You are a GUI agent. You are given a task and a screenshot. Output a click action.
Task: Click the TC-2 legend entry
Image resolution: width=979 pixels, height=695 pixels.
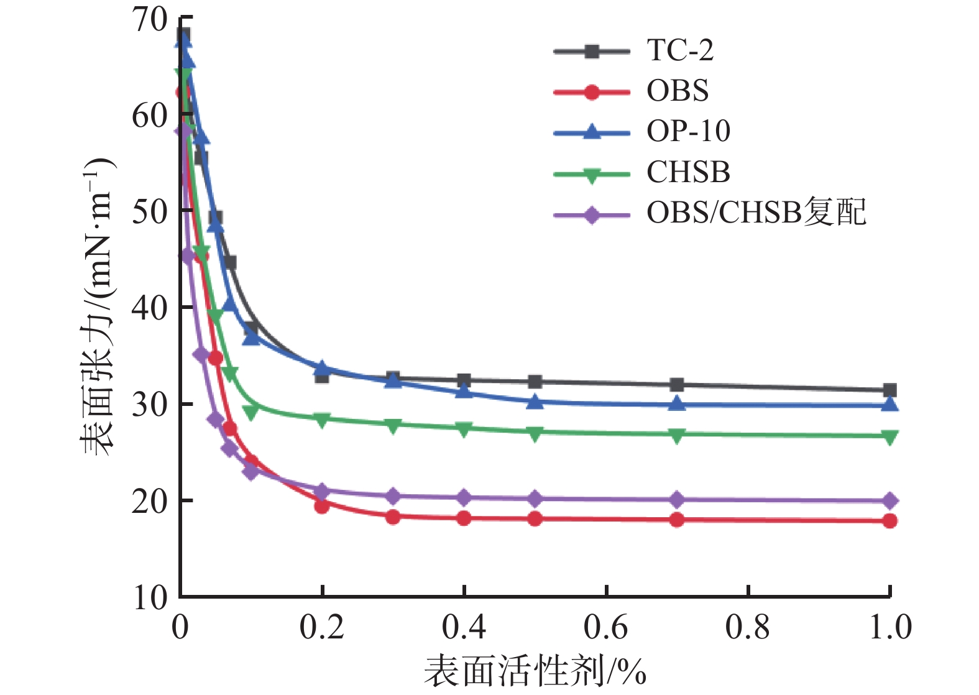coord(680,50)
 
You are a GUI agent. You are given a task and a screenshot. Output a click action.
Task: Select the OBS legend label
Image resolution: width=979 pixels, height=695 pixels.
coord(678,91)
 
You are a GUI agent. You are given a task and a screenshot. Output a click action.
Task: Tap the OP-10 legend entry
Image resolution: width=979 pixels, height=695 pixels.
coord(688,131)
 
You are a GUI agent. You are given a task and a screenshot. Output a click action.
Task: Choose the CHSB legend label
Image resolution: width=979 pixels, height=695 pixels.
coord(688,172)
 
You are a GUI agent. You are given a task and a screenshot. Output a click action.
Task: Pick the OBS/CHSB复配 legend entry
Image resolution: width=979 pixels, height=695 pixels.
coord(756,213)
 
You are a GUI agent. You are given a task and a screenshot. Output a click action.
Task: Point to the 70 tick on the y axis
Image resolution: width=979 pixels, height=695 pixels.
coord(150,19)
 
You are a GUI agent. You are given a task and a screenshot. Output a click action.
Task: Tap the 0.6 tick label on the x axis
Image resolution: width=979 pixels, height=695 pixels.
coord(605,628)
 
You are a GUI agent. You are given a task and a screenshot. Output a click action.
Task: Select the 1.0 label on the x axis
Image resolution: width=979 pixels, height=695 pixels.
coord(889,628)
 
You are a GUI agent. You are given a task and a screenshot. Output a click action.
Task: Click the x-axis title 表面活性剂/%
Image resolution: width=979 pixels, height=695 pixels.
coord(535,672)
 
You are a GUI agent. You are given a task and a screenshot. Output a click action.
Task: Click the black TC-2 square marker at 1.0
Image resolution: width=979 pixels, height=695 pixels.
coord(889,390)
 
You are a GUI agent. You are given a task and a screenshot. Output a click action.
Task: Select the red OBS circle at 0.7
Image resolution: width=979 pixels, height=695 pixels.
coord(677,520)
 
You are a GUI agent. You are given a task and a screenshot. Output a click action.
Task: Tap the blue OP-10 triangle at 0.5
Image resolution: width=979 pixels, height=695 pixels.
coord(535,402)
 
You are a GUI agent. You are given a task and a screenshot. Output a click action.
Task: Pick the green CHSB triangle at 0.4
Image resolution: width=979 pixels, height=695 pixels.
coord(464,428)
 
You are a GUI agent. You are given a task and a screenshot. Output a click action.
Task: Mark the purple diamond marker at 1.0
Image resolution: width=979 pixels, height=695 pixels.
coord(889,500)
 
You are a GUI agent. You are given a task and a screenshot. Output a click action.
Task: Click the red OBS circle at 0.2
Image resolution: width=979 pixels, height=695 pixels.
coord(321,506)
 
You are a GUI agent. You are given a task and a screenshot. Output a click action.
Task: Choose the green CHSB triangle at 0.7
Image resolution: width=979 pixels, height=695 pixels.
coord(677,435)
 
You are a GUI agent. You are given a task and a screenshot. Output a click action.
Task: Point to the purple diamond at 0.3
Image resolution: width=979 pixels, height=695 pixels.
coord(392,496)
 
